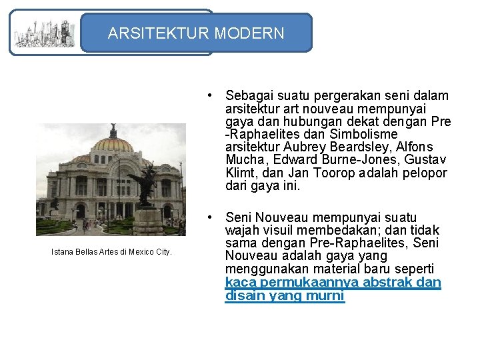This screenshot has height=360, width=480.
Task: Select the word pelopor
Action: [x=424, y=173]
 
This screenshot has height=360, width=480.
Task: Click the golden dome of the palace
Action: [x=112, y=143]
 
